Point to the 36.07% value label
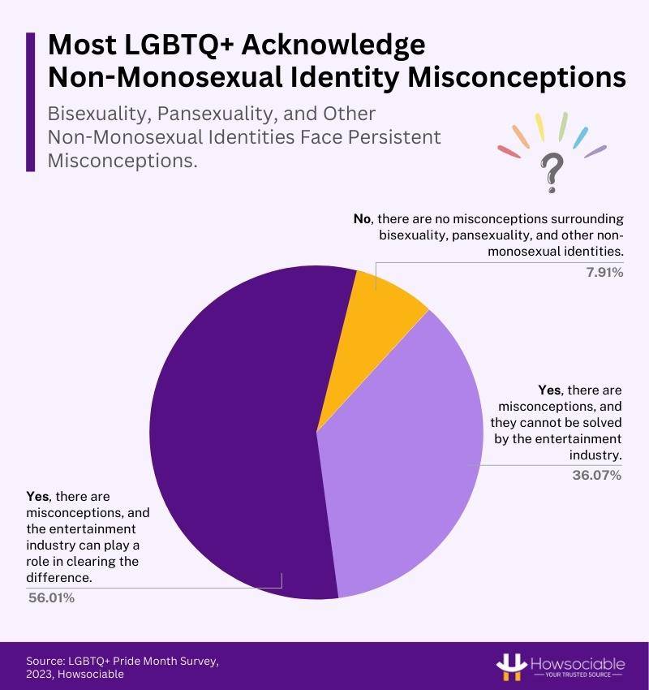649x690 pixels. [597, 475]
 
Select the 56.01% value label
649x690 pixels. [52, 598]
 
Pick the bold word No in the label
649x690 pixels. [363, 219]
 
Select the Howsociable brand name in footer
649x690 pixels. [579, 662]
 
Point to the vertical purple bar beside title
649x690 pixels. [30, 101]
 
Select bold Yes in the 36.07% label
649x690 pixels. [550, 390]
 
